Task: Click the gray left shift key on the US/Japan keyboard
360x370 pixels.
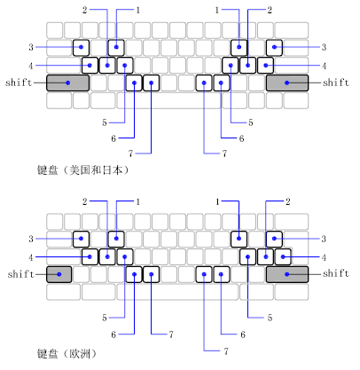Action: coord(67,83)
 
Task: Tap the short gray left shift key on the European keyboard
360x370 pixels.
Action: coord(59,274)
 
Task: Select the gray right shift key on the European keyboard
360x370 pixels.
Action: coord(287,274)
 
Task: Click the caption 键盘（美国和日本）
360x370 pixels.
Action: coord(83,170)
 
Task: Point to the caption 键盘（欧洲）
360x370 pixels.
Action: coord(67,353)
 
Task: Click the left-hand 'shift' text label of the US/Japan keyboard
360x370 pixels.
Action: coord(19,83)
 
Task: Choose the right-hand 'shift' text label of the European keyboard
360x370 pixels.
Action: coord(336,273)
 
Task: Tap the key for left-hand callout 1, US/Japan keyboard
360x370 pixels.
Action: coord(116,48)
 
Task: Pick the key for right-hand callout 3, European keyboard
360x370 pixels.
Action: coord(274,239)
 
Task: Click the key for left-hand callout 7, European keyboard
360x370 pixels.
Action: coord(152,274)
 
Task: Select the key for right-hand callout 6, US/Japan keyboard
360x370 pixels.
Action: coord(222,83)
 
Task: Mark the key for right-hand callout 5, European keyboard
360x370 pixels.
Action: coord(247,256)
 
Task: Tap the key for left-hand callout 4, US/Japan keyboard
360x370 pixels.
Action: coord(90,66)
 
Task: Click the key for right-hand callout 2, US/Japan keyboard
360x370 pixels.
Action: coord(247,66)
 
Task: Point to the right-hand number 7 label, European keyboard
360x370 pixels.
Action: coord(226,351)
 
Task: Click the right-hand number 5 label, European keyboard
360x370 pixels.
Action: coord(270,318)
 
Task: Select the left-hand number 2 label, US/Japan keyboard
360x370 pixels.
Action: coord(85,11)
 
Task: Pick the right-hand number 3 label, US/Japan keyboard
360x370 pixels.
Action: coord(324,47)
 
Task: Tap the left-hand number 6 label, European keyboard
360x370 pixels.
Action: coord(113,335)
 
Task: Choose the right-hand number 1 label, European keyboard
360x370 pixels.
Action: coord(217,201)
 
